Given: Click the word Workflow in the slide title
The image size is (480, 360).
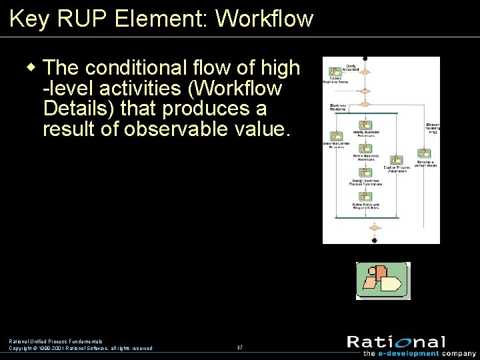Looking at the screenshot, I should click(x=265, y=19).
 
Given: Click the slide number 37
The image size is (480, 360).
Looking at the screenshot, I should click(x=239, y=348).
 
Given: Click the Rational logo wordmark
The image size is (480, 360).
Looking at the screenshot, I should click(x=396, y=342).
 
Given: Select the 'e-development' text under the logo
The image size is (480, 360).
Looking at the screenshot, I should click(x=410, y=353).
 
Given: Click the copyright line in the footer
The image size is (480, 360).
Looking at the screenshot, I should click(x=80, y=348).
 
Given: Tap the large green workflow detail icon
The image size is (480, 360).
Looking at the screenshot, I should click(x=383, y=280).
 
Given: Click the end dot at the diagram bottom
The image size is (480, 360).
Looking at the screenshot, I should click(x=374, y=240).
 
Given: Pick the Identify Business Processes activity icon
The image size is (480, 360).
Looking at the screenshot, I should click(x=365, y=125).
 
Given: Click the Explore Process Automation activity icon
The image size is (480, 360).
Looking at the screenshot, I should click(x=396, y=161).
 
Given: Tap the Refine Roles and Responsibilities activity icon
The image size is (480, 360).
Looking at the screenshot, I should click(x=365, y=197).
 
